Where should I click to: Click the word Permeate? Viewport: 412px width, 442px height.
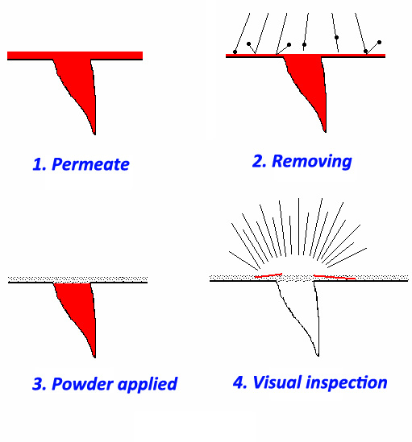point(90,164)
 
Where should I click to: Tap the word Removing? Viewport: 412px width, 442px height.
point(312,162)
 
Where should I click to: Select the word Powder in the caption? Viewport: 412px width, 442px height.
point(83,384)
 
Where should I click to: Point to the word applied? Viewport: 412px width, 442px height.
point(148,384)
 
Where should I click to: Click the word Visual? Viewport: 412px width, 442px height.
point(277,382)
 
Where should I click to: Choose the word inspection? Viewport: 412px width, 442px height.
point(347,382)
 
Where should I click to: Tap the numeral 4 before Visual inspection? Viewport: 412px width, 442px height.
point(239,382)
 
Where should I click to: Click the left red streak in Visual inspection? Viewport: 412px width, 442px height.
point(268,275)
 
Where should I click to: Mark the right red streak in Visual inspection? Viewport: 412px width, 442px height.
point(335,278)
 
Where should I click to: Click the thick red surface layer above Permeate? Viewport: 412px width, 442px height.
point(75,56)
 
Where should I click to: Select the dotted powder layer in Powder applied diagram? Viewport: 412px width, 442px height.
point(77,279)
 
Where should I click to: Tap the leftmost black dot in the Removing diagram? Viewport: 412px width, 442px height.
point(235,52)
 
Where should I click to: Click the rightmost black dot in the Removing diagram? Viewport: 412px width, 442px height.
point(379,43)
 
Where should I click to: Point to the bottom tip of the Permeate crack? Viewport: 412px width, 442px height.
point(94,134)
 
